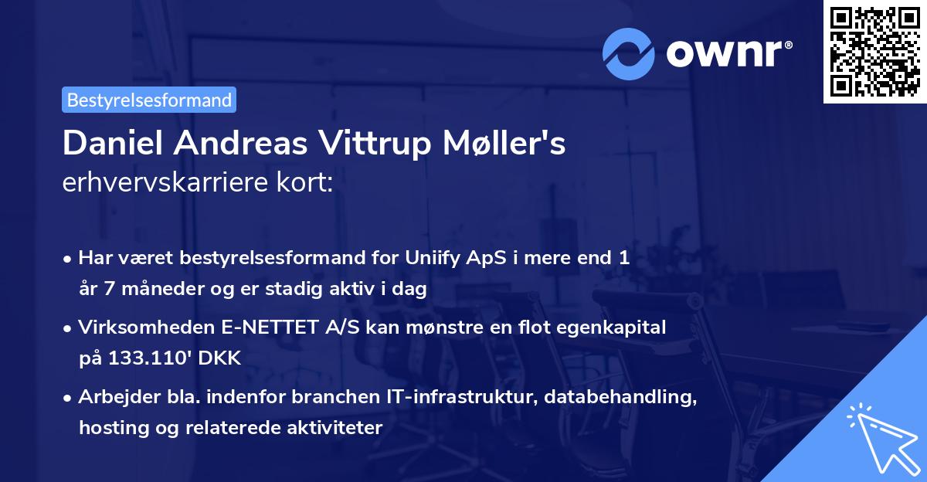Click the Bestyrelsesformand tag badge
(x=149, y=100)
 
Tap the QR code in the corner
(x=873, y=51)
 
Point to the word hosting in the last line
(x=109, y=428)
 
